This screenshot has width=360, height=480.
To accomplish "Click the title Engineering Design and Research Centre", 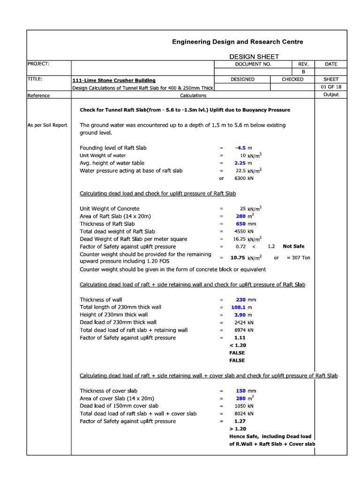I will tap(237, 42).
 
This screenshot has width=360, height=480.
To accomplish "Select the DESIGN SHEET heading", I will tap(254, 56).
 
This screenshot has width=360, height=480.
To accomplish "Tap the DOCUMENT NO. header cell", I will tap(253, 64).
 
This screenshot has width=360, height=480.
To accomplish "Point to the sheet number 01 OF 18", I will tap(330, 87).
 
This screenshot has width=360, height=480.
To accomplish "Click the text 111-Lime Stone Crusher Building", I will tap(114, 80).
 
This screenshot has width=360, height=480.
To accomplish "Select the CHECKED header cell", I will tap(292, 79).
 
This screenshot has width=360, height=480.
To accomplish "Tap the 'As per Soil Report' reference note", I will tap(47, 125).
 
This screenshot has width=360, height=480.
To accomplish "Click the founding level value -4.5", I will tap(240, 148).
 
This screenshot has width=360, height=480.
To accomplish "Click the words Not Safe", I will tap(293, 246).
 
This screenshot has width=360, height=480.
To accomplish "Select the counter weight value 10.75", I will tap(238, 257).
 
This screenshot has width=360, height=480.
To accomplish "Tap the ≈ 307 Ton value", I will tap(298, 257).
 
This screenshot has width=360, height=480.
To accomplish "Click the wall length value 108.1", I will tap(238, 307).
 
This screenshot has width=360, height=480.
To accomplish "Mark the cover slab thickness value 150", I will tap(241, 390).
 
